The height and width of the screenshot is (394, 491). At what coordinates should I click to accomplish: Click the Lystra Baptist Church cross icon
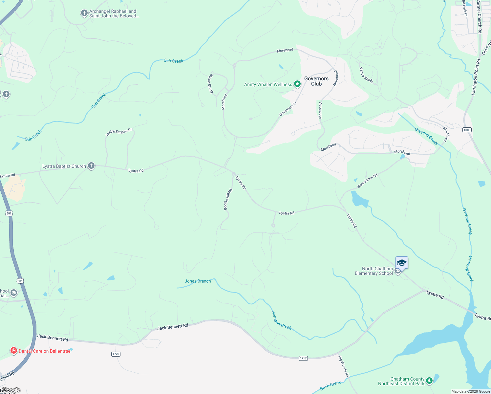pos(91,166)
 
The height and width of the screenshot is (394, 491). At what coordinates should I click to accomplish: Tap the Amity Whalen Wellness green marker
pos(297,84)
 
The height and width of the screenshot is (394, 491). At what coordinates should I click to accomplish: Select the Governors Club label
pos(316,81)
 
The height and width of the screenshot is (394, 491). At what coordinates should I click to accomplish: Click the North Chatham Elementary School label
pos(374,271)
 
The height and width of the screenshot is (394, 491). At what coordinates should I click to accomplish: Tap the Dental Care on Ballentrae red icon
pos(14,351)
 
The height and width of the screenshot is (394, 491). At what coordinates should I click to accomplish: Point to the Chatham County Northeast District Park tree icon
pos(429,381)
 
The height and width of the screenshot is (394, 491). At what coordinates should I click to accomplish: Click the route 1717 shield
pos(303,358)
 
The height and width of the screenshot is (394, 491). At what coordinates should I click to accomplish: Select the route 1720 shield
pos(116,354)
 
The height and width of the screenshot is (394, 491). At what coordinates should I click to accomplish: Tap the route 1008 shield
pos(467,130)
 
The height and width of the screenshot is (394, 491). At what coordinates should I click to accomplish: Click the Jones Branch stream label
pos(198,281)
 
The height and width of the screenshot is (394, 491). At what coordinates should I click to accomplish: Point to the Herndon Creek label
pos(281,320)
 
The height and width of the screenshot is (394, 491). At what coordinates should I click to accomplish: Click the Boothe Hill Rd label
pos(228,199)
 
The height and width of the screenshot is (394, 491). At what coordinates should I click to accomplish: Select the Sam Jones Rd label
pos(367,181)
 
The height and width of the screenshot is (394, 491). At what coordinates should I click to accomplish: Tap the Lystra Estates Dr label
pos(119,132)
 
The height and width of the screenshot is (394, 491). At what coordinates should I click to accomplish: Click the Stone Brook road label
pos(210,84)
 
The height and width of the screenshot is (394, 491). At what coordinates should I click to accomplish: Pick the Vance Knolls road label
pos(366,75)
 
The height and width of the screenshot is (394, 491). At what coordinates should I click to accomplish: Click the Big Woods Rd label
pos(344,366)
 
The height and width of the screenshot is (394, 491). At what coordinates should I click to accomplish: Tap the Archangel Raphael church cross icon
pos(84,13)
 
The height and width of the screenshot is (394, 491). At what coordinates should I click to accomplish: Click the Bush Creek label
pos(330,385)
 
